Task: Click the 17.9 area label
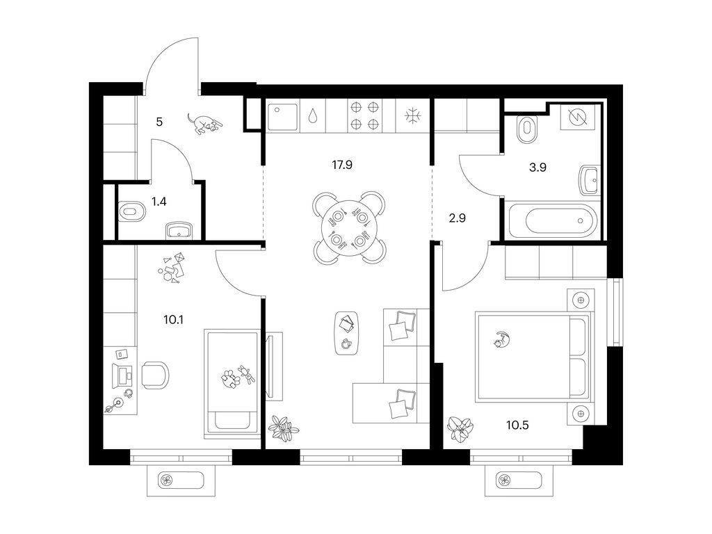342,165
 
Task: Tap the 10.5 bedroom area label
517,426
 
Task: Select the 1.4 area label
159,201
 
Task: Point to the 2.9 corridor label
458,218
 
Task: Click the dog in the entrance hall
204,124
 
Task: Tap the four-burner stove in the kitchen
364,115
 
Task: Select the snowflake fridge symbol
413,115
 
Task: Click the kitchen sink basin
282,116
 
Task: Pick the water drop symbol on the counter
313,116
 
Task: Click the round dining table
349,228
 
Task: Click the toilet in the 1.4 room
131,211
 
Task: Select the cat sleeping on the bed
501,340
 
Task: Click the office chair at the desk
155,375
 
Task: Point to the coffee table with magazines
348,333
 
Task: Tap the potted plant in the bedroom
461,428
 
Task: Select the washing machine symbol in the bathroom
577,117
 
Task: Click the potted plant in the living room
284,428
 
